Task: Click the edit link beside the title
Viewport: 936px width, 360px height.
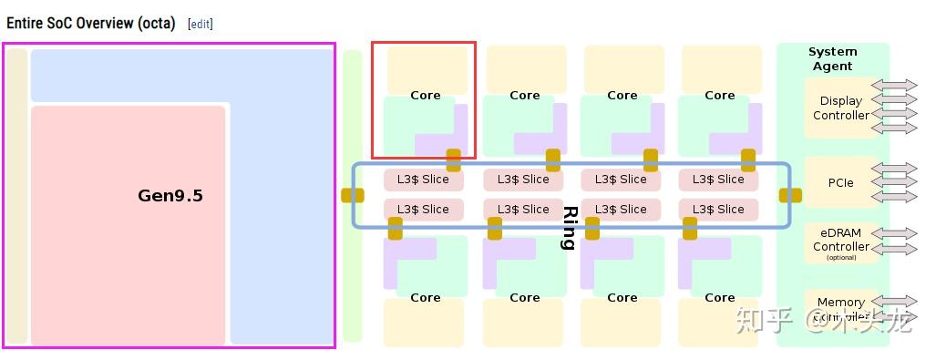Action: pyautogui.click(x=201, y=24)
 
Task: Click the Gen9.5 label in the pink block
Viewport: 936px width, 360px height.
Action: pyautogui.click(x=170, y=195)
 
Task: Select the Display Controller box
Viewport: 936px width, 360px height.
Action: pyautogui.click(x=840, y=108)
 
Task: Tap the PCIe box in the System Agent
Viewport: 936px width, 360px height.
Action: pyautogui.click(x=840, y=182)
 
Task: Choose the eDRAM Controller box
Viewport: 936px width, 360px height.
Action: pyautogui.click(x=840, y=242)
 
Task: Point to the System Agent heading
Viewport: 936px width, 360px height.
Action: pyautogui.click(x=831, y=58)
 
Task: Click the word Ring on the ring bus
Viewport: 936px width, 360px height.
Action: pyautogui.click(x=570, y=227)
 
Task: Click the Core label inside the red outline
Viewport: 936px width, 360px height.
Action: pyautogui.click(x=425, y=95)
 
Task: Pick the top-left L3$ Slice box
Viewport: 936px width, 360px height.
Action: pyautogui.click(x=423, y=180)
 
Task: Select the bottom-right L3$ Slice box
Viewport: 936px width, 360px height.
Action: pyautogui.click(x=718, y=209)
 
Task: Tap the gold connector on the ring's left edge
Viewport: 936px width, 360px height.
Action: pyautogui.click(x=353, y=195)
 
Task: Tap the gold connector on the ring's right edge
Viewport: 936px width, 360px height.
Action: pyautogui.click(x=790, y=195)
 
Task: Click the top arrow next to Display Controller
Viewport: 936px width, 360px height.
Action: pyautogui.click(x=894, y=86)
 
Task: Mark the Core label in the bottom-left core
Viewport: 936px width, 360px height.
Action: pyautogui.click(x=425, y=297)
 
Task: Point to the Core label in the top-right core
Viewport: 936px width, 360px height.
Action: pyautogui.click(x=719, y=95)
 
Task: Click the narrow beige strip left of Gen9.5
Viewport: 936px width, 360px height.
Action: pyautogui.click(x=16, y=195)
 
